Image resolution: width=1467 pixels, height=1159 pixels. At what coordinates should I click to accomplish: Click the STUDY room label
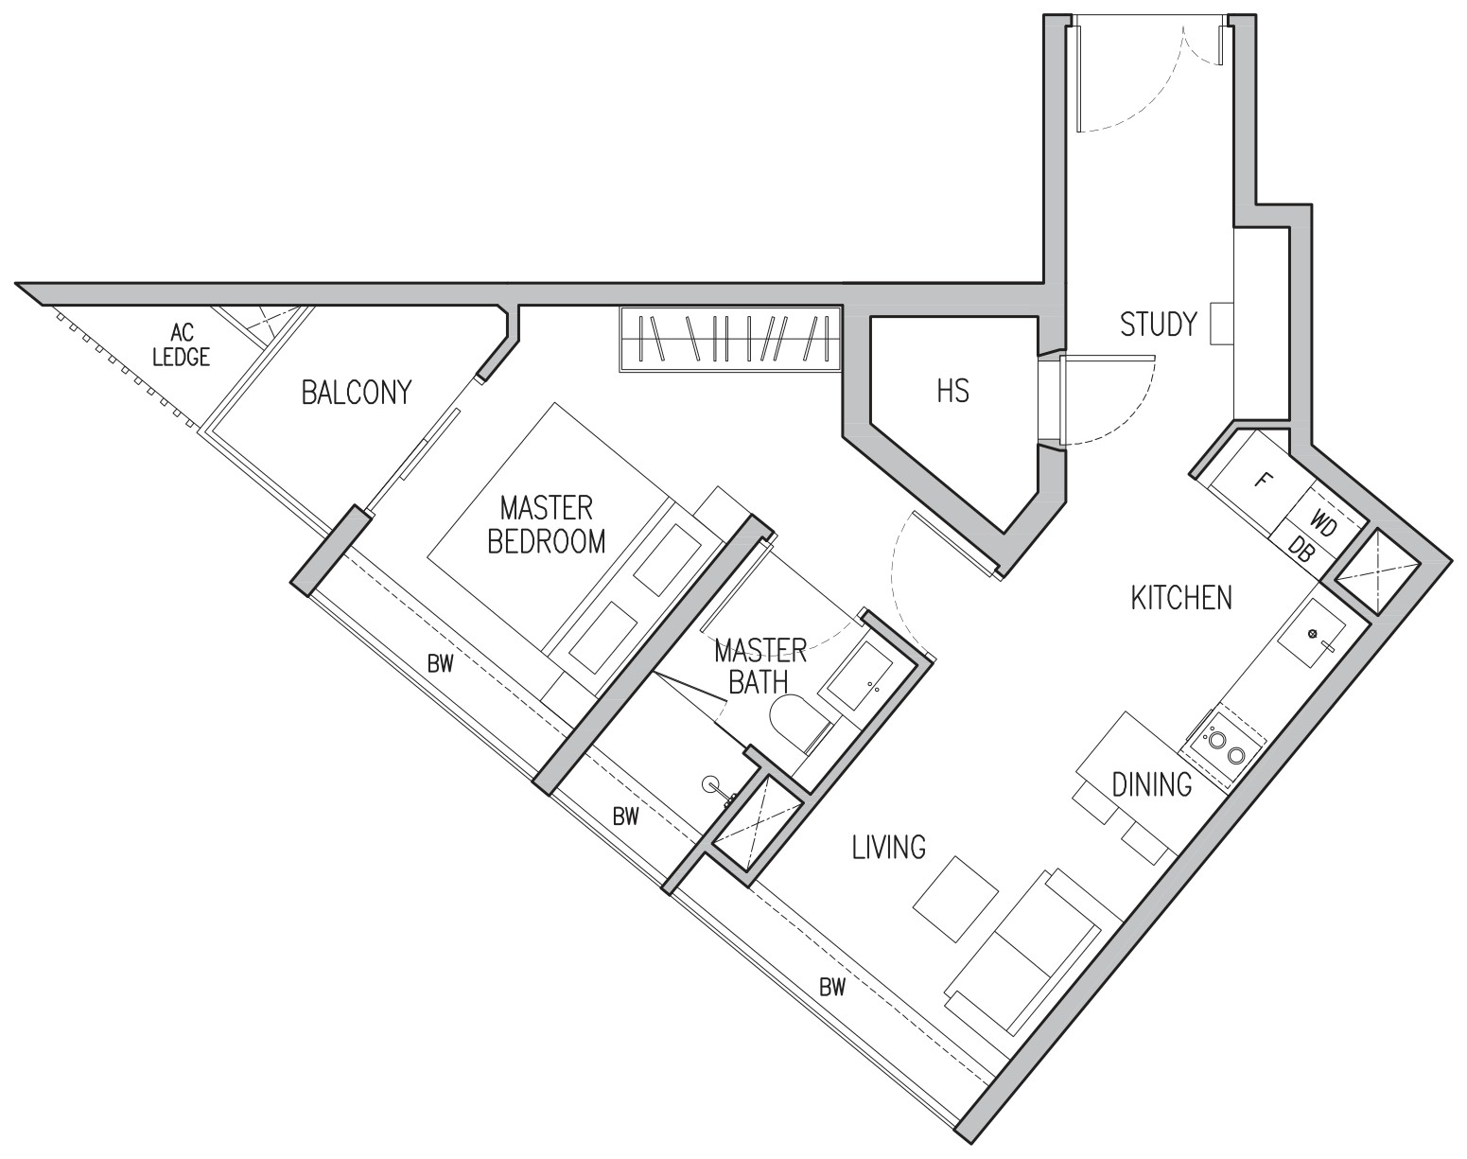click(x=1159, y=324)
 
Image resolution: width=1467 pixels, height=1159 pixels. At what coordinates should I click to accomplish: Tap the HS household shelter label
click(x=952, y=392)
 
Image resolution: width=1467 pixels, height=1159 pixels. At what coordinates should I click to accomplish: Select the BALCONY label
click(x=357, y=393)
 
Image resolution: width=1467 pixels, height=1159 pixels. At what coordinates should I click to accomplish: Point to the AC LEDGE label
click(x=182, y=344)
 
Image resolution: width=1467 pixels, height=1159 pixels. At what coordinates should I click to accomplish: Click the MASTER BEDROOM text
click(x=547, y=524)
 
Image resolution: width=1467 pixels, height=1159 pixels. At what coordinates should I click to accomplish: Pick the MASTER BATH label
click(x=760, y=666)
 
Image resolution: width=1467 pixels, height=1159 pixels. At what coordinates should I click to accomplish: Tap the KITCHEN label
click(x=1181, y=598)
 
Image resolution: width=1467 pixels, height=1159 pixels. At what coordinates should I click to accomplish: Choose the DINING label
click(x=1151, y=784)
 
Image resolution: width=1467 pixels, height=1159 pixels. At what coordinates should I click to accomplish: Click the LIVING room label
click(x=889, y=847)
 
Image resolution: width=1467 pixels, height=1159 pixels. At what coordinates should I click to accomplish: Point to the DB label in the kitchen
click(x=1301, y=550)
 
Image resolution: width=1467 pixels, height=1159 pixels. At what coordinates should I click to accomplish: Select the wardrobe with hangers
click(x=729, y=339)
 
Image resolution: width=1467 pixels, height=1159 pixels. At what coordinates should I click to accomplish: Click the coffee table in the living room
click(x=955, y=900)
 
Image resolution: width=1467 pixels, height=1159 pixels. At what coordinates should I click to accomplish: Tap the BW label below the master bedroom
click(x=441, y=664)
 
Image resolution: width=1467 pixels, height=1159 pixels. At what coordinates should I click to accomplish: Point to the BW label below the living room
click(x=832, y=987)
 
